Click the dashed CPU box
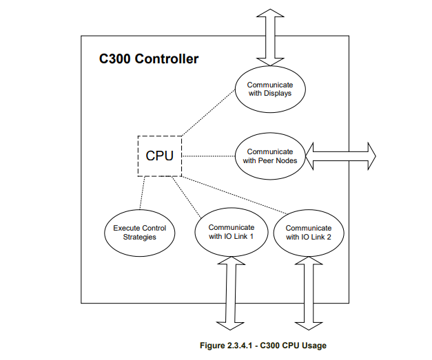[x=159, y=156]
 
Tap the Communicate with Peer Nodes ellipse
[x=269, y=156]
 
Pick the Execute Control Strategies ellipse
[x=139, y=232]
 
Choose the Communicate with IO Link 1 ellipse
[x=231, y=232]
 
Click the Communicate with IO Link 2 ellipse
[x=308, y=233]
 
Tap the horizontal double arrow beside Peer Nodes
[x=341, y=156]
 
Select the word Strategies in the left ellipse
[x=140, y=237]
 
